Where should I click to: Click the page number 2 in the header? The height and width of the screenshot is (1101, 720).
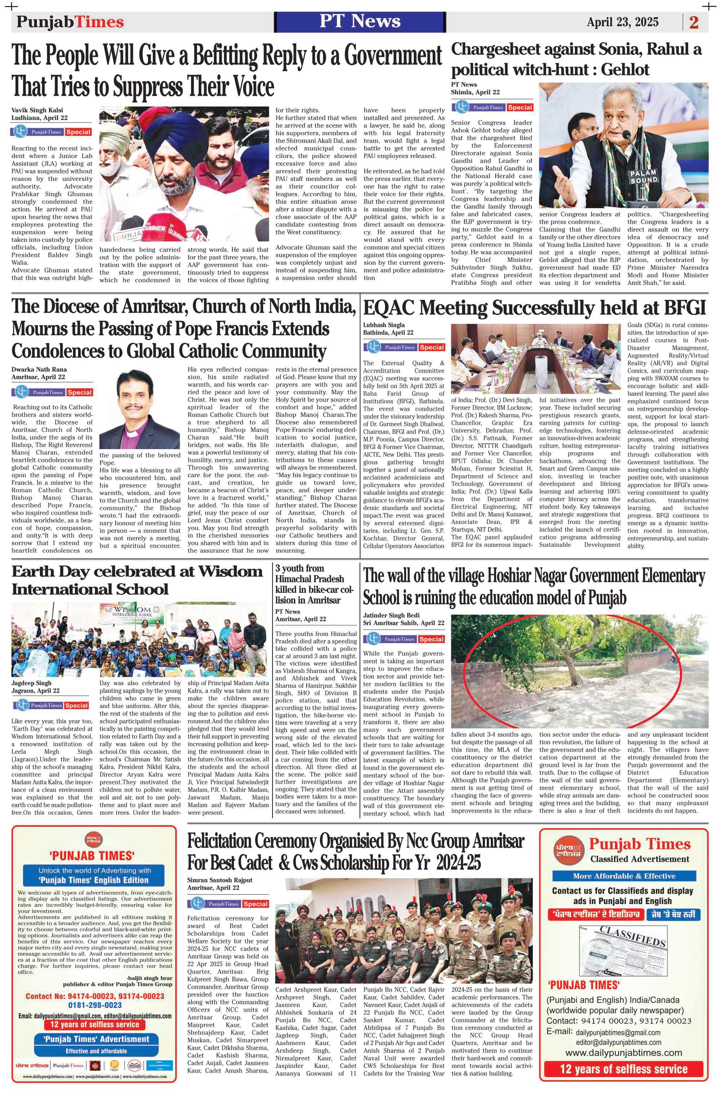click(x=694, y=22)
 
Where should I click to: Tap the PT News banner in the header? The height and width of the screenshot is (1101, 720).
click(x=360, y=21)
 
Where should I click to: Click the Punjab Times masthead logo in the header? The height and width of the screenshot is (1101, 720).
click(x=70, y=22)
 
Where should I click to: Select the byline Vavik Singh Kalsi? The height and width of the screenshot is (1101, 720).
click(x=37, y=110)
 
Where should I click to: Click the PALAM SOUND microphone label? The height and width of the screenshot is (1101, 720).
click(x=643, y=176)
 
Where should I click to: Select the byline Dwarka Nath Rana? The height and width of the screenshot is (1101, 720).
click(x=39, y=369)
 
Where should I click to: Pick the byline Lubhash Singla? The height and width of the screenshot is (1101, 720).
click(x=384, y=325)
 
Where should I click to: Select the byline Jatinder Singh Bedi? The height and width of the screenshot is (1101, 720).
click(x=391, y=615)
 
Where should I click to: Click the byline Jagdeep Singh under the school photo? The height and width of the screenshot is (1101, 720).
click(x=31, y=683)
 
